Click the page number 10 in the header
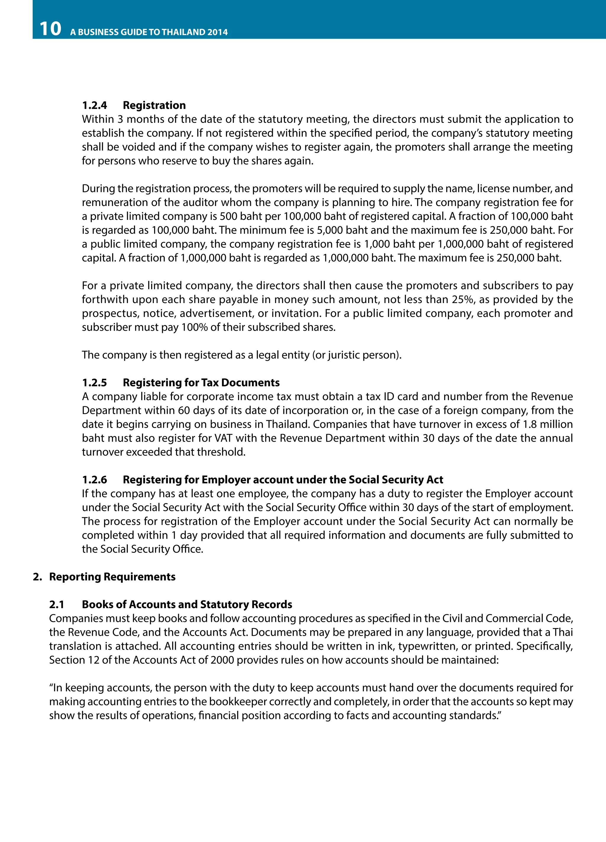click(x=50, y=29)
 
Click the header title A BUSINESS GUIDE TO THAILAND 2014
click(x=149, y=32)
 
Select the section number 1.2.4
click(x=94, y=105)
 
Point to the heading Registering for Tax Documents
click(x=201, y=383)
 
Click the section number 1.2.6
click(x=94, y=480)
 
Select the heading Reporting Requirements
click(x=112, y=577)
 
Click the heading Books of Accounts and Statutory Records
click(x=187, y=604)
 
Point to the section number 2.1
click(x=57, y=604)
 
